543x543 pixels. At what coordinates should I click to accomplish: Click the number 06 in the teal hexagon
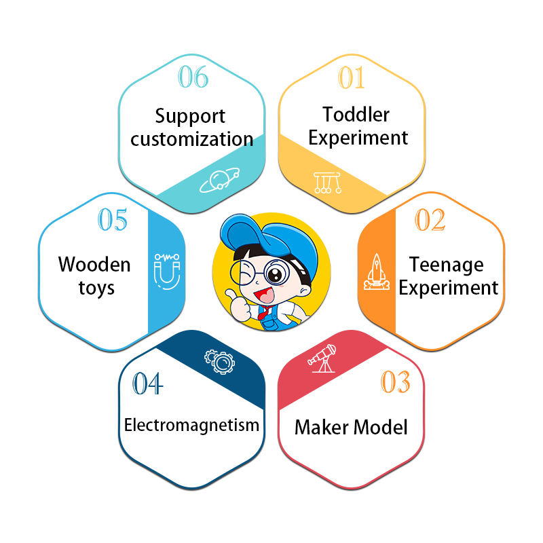coord(193,77)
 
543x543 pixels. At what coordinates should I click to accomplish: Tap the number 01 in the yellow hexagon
coord(351,77)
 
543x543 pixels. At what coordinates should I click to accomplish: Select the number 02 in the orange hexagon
coord(430,219)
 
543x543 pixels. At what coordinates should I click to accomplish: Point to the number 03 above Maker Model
coord(396,381)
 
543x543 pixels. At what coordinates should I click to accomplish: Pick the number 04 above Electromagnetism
coord(147,383)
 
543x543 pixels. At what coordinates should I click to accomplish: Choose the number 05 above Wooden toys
coord(113,219)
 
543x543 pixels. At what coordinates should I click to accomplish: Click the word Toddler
coord(356,114)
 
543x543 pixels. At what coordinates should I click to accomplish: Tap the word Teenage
coord(447,265)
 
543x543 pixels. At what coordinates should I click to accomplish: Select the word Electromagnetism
coord(191,425)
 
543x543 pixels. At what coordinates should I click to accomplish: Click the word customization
coord(192,139)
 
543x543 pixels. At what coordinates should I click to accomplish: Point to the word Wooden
coord(94,265)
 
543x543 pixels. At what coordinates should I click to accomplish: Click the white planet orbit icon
coord(219,180)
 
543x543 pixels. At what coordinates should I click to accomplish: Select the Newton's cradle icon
coord(328,183)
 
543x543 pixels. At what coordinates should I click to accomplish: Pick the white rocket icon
coord(377,271)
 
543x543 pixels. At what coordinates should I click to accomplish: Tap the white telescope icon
coord(322,358)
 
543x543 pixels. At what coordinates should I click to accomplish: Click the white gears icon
coord(219,362)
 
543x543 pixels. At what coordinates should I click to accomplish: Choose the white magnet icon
coord(167,271)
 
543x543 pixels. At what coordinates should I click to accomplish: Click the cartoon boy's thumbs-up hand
coord(239,305)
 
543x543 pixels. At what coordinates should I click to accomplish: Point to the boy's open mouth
coord(265,295)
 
